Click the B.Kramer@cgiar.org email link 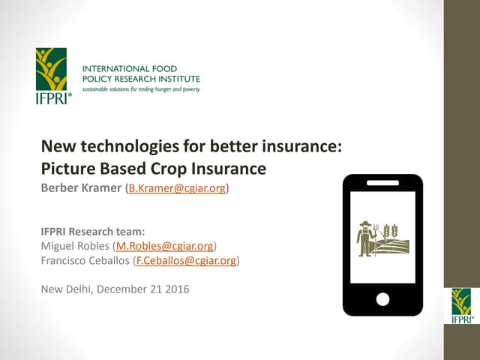pos(178,188)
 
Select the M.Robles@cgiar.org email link pos(163,245)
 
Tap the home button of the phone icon pos(382,299)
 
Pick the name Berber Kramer pos(82,188)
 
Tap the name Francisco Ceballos pos(84,261)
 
